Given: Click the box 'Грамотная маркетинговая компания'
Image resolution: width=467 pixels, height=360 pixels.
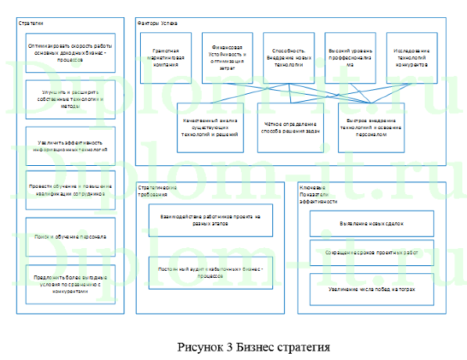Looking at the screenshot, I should point(167,57).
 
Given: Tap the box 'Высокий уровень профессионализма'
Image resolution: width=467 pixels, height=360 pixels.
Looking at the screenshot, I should point(350,57).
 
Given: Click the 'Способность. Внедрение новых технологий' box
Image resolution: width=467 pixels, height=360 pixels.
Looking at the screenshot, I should point(289,57).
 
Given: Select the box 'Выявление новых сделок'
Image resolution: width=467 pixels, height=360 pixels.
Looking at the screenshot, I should point(370,224).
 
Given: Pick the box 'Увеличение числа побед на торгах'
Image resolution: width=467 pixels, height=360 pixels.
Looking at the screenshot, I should point(370,289).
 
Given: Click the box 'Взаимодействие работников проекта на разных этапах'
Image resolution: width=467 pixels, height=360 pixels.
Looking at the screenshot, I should point(211,219).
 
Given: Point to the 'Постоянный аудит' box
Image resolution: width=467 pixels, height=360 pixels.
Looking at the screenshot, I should point(211,272).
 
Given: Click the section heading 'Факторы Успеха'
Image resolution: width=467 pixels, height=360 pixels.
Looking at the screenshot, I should point(153,21).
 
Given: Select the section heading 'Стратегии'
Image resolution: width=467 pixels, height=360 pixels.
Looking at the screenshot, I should point(32,22).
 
